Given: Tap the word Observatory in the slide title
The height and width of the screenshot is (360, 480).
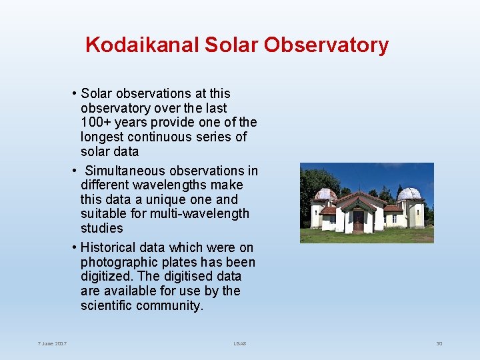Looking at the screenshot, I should [x=326, y=45].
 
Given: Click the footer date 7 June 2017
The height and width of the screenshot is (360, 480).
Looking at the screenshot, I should [x=52, y=344].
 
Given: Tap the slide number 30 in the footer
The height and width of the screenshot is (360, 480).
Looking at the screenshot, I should [x=439, y=344].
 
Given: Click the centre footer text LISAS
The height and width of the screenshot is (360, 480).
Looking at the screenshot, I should [x=240, y=344].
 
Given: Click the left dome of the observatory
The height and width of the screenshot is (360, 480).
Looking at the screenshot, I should [x=325, y=195].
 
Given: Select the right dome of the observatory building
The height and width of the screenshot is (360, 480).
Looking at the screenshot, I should [x=410, y=194].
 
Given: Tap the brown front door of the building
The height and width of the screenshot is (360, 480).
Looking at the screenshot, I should [x=359, y=221].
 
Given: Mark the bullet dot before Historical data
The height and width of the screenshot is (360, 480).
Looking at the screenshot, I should [x=75, y=248].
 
